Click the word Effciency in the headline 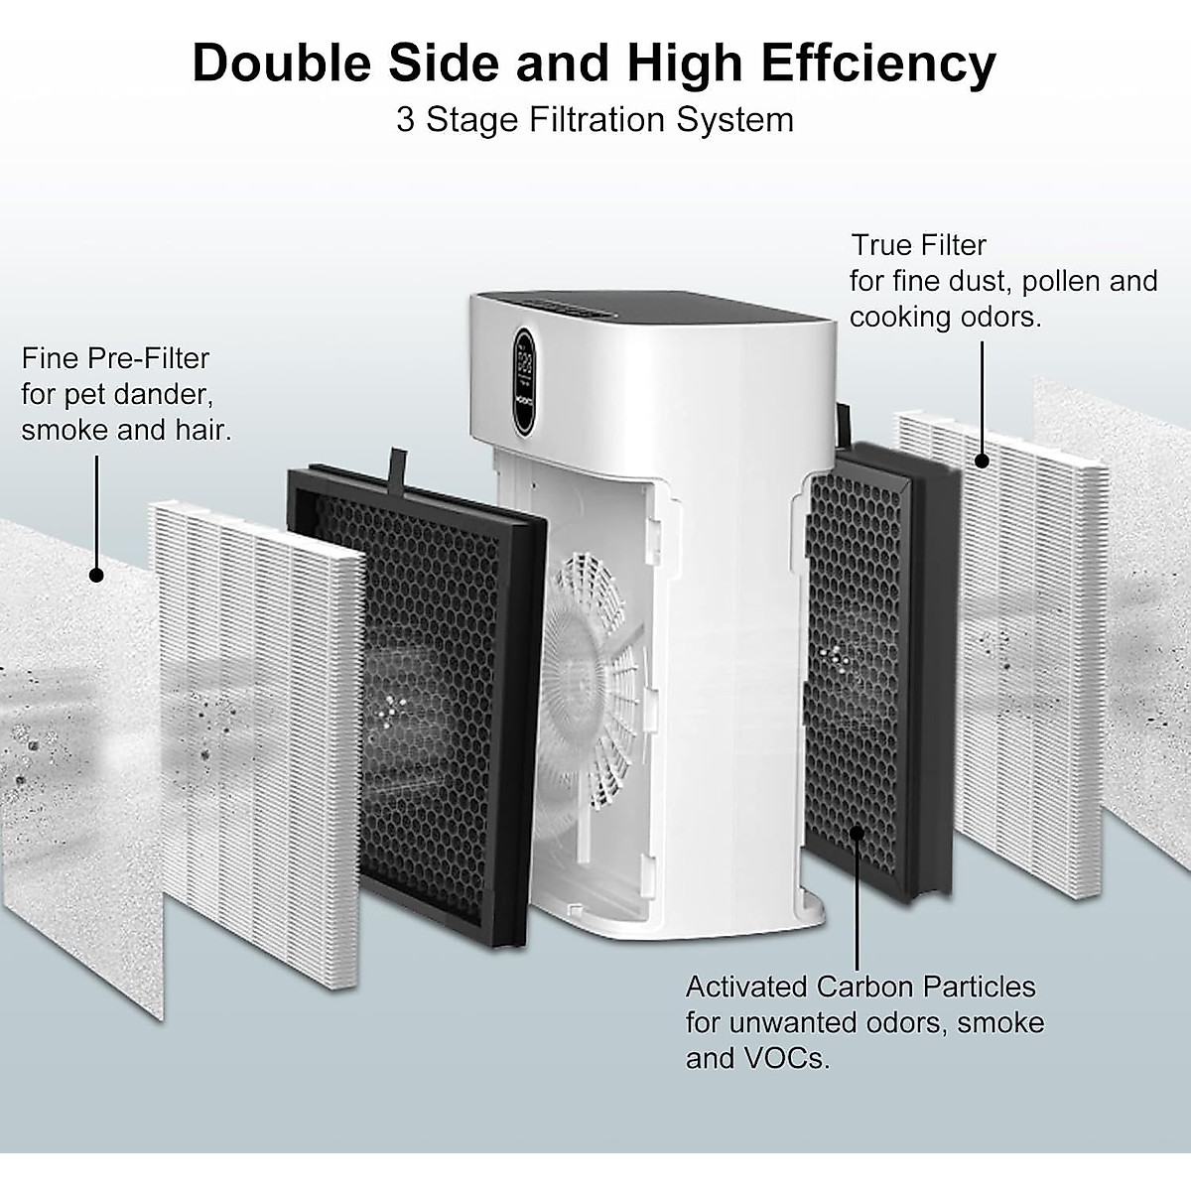tap(878, 64)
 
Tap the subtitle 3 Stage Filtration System tap(595, 120)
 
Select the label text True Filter tap(919, 245)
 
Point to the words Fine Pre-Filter tap(115, 358)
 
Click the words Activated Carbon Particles tap(860, 987)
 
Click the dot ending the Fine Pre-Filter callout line tap(96, 575)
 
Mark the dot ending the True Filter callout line tap(982, 461)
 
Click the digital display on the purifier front tap(525, 380)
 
